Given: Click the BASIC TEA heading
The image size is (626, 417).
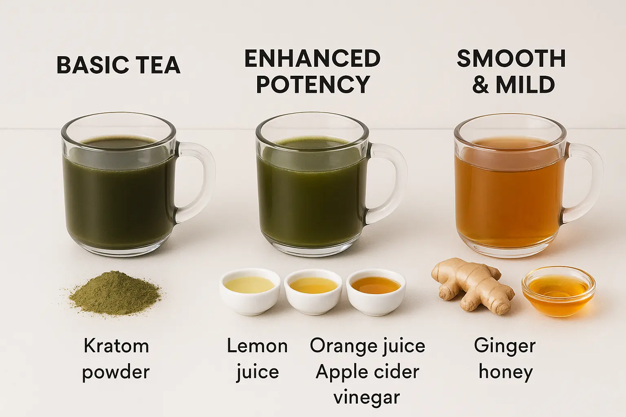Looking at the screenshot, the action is (x=119, y=65).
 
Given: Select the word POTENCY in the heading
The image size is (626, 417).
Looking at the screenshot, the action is (x=313, y=84).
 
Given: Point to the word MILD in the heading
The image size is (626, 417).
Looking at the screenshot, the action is (x=525, y=84).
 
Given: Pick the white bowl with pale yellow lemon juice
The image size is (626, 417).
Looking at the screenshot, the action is (x=250, y=291).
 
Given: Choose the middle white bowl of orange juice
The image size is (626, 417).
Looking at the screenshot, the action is (x=313, y=292).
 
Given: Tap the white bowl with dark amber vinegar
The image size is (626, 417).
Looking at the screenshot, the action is (x=376, y=292).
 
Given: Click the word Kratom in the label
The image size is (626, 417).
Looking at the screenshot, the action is (x=116, y=346).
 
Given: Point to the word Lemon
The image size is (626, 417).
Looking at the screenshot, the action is (x=257, y=346).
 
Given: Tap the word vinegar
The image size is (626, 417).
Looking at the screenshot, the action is (x=367, y=397).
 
